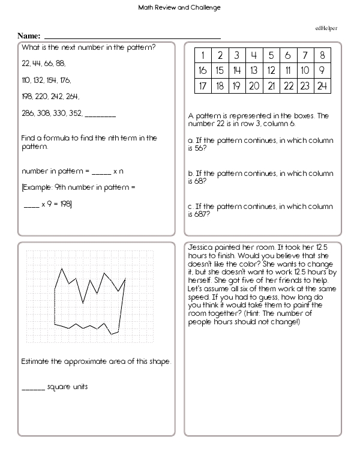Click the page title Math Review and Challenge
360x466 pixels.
click(179, 8)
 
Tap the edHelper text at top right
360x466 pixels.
click(326, 28)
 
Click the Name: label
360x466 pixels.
click(29, 36)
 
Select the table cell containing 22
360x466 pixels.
click(289, 86)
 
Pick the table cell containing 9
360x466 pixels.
click(322, 71)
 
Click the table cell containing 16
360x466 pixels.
click(203, 71)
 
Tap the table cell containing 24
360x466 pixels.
click(322, 86)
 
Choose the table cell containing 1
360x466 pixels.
click(203, 56)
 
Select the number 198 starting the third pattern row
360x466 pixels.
click(27, 96)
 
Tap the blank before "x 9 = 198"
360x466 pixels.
click(31, 205)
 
